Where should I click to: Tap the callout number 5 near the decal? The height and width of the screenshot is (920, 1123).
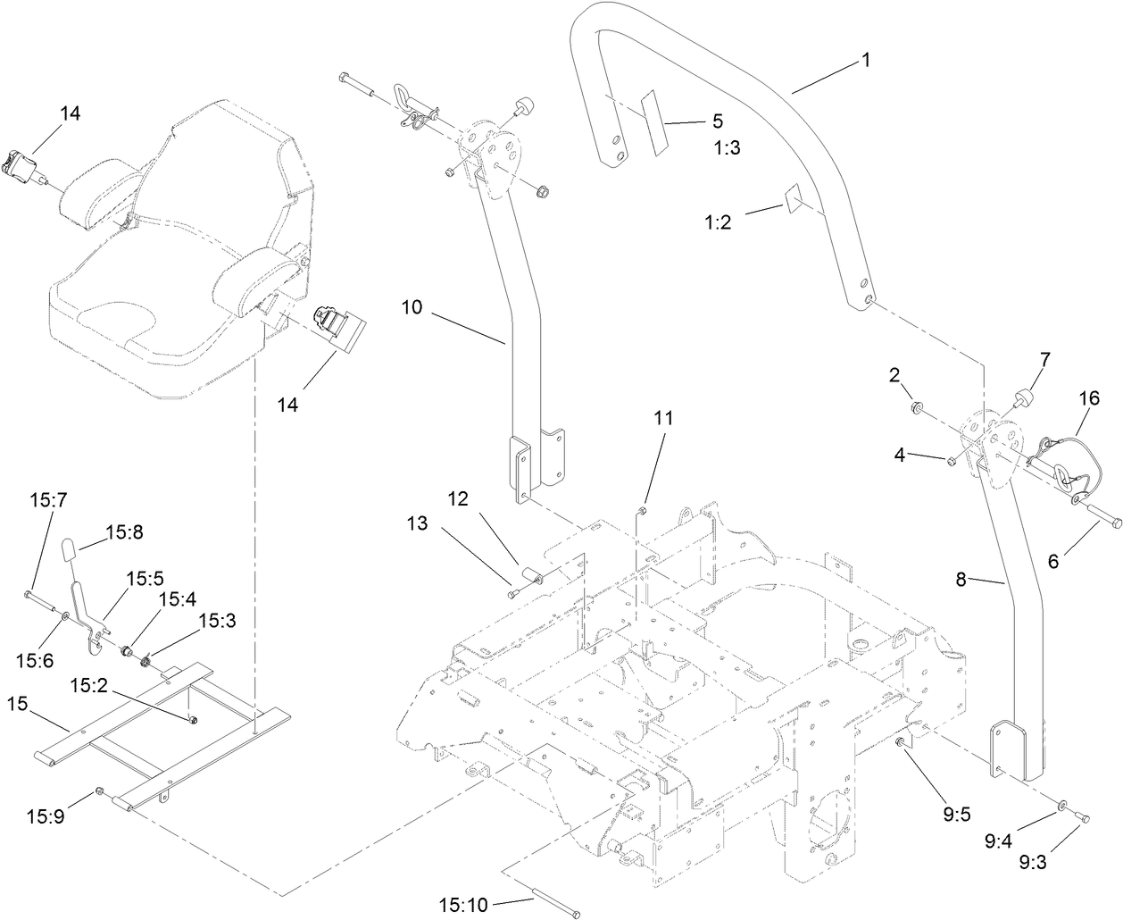[717, 121]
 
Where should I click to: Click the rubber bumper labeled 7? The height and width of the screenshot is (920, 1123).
[1019, 396]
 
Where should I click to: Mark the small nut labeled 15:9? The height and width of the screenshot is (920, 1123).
[101, 790]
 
